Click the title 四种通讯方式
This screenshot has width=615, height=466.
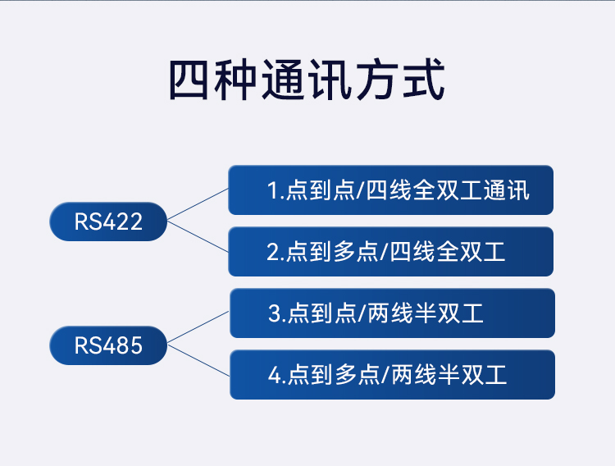(307, 80)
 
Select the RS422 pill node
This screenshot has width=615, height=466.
(108, 222)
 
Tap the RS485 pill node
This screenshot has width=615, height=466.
(108, 345)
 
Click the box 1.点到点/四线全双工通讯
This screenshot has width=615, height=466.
(390, 190)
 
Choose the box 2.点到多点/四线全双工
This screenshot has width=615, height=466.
(390, 252)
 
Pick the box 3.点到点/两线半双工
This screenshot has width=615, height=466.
(392, 313)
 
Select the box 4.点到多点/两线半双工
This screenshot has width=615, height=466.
(392, 375)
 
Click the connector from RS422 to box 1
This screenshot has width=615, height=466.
(198, 204)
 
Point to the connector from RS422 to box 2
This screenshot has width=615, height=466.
(198, 237)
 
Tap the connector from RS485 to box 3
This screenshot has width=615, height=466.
(198, 327)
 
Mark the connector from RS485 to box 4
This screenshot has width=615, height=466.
(198, 361)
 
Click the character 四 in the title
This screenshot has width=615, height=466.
(189, 80)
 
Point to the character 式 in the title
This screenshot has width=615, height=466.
(424, 80)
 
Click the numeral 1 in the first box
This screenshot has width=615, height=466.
(273, 190)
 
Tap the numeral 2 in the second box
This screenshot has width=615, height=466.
(273, 252)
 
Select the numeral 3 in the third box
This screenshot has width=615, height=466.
(275, 313)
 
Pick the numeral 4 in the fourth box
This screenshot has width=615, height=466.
(275, 375)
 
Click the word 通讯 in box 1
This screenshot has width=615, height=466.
(507, 190)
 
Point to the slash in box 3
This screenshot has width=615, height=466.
(362, 313)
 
